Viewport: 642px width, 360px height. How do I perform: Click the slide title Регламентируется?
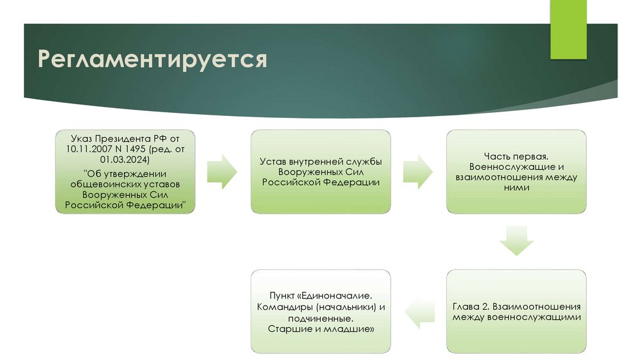pos(152,60)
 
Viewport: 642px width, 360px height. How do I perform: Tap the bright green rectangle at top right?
pos(568,29)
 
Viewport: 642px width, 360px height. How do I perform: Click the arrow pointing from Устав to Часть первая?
pos(418,171)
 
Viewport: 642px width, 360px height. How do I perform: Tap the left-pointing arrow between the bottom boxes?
pos(418,312)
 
